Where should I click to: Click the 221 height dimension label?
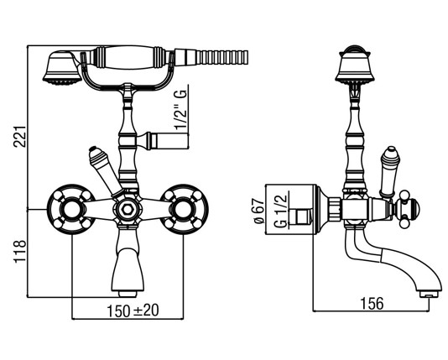coord(21,136)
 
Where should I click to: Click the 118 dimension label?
coord(21,252)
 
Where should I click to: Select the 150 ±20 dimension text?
coord(133,310)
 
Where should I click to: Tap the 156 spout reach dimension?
coord(372,304)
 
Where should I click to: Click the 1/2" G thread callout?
coord(181,110)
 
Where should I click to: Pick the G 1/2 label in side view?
coord(281,211)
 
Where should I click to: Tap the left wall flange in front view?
coord(70,210)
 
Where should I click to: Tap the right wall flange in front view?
coord(184,210)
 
